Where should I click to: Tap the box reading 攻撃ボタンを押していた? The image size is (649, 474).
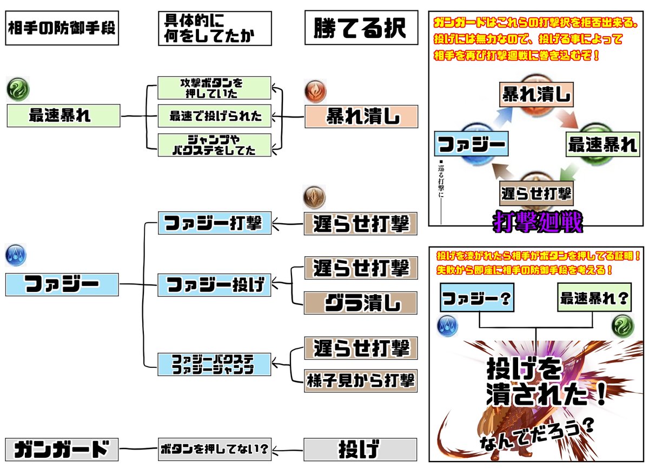214,88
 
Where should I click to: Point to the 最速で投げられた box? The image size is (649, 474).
214,116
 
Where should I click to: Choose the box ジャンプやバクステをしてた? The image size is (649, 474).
214,145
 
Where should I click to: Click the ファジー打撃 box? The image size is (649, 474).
214,223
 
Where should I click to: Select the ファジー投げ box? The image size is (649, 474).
214,284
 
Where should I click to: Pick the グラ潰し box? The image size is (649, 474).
361,302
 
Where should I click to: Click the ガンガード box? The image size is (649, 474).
61,450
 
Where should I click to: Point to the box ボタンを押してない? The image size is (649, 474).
214,450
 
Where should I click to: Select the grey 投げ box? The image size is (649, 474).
361,450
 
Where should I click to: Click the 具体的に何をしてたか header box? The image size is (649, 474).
210,29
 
